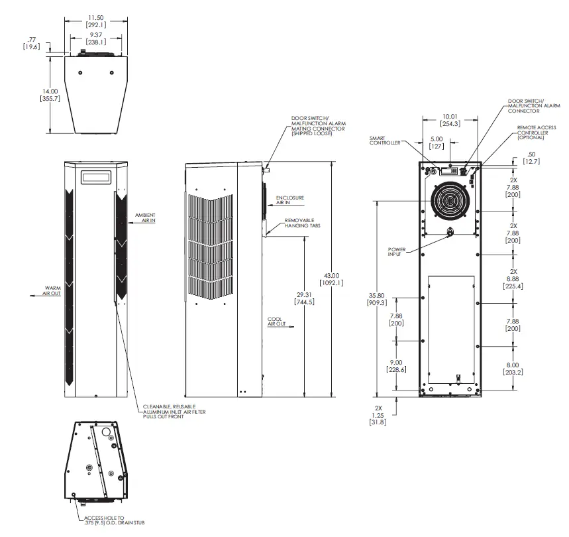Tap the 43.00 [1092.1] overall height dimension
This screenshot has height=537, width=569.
pos(332,279)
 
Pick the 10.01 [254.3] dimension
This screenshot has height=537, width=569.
pos(450,119)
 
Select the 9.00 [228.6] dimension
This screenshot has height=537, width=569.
pos(397,366)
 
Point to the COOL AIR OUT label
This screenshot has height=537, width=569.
pos(276,322)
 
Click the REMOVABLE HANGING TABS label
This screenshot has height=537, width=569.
pos(299,223)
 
